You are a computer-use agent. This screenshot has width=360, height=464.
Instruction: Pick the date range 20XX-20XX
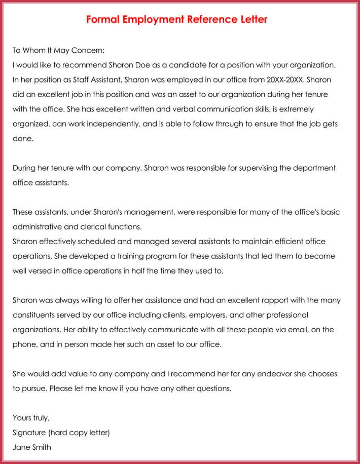285,80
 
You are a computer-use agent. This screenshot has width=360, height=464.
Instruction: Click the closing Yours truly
31,418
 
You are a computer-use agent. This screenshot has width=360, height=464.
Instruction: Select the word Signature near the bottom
29,433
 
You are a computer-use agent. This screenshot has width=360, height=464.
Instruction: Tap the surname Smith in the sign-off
41,447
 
